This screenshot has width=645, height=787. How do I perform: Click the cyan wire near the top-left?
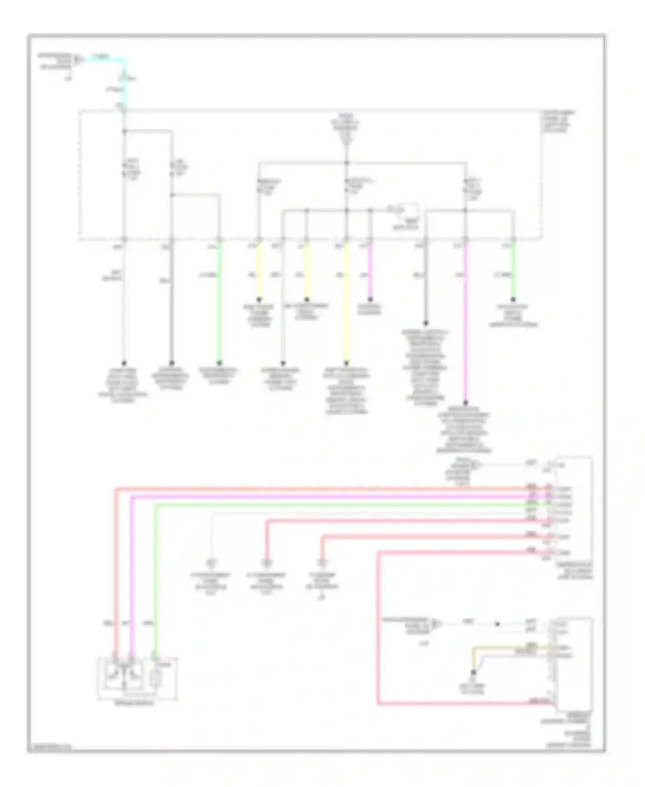pyautogui.click(x=107, y=59)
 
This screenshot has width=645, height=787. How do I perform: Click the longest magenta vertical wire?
pyautogui.click(x=466, y=323)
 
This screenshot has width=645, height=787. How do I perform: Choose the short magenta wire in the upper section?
pyautogui.click(x=370, y=269)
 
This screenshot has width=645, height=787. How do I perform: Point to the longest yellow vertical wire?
pyautogui.click(x=346, y=301)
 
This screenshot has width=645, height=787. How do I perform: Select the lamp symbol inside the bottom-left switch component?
pyautogui.click(x=155, y=680)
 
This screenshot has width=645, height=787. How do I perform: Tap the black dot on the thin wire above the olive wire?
pyautogui.click(x=497, y=624)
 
